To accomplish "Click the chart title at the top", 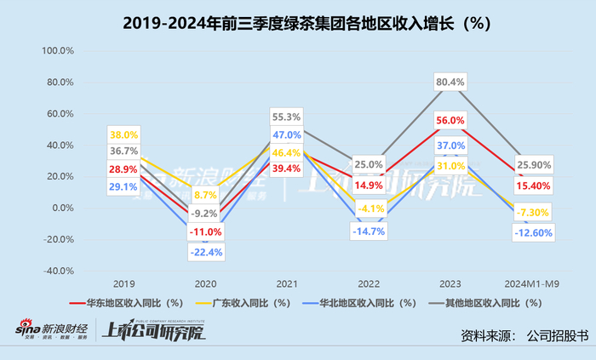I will pyautogui.click(x=298, y=24).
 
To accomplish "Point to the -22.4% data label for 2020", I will pyautogui.click(x=204, y=252).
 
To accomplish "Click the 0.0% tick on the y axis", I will pyautogui.click(x=63, y=208).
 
